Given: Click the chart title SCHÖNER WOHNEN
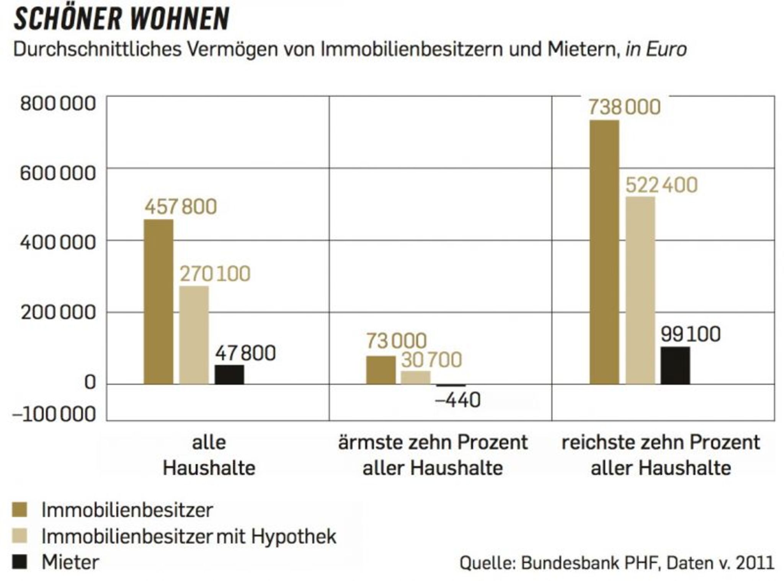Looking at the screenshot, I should tap(121, 19).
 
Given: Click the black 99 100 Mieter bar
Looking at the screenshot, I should tap(675, 365).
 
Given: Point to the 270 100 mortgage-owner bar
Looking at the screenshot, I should tap(194, 335).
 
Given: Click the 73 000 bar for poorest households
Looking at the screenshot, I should tap(381, 370).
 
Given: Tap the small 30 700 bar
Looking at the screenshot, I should tap(415, 377).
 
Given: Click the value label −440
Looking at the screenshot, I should tap(457, 400).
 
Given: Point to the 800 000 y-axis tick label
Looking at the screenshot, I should tap(58, 104).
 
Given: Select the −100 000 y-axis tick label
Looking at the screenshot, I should tap(54, 414).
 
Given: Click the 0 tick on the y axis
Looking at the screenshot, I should tap(90, 382).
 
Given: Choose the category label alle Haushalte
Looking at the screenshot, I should tap(209, 455).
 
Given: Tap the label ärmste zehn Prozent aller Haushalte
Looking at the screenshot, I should tap(433, 455).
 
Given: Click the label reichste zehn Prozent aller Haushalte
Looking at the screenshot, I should tap(660, 455).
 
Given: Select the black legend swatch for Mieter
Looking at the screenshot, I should tap(20, 562).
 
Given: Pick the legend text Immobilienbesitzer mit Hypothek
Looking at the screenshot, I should tap(188, 536).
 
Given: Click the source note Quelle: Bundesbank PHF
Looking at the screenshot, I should tap(616, 563).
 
